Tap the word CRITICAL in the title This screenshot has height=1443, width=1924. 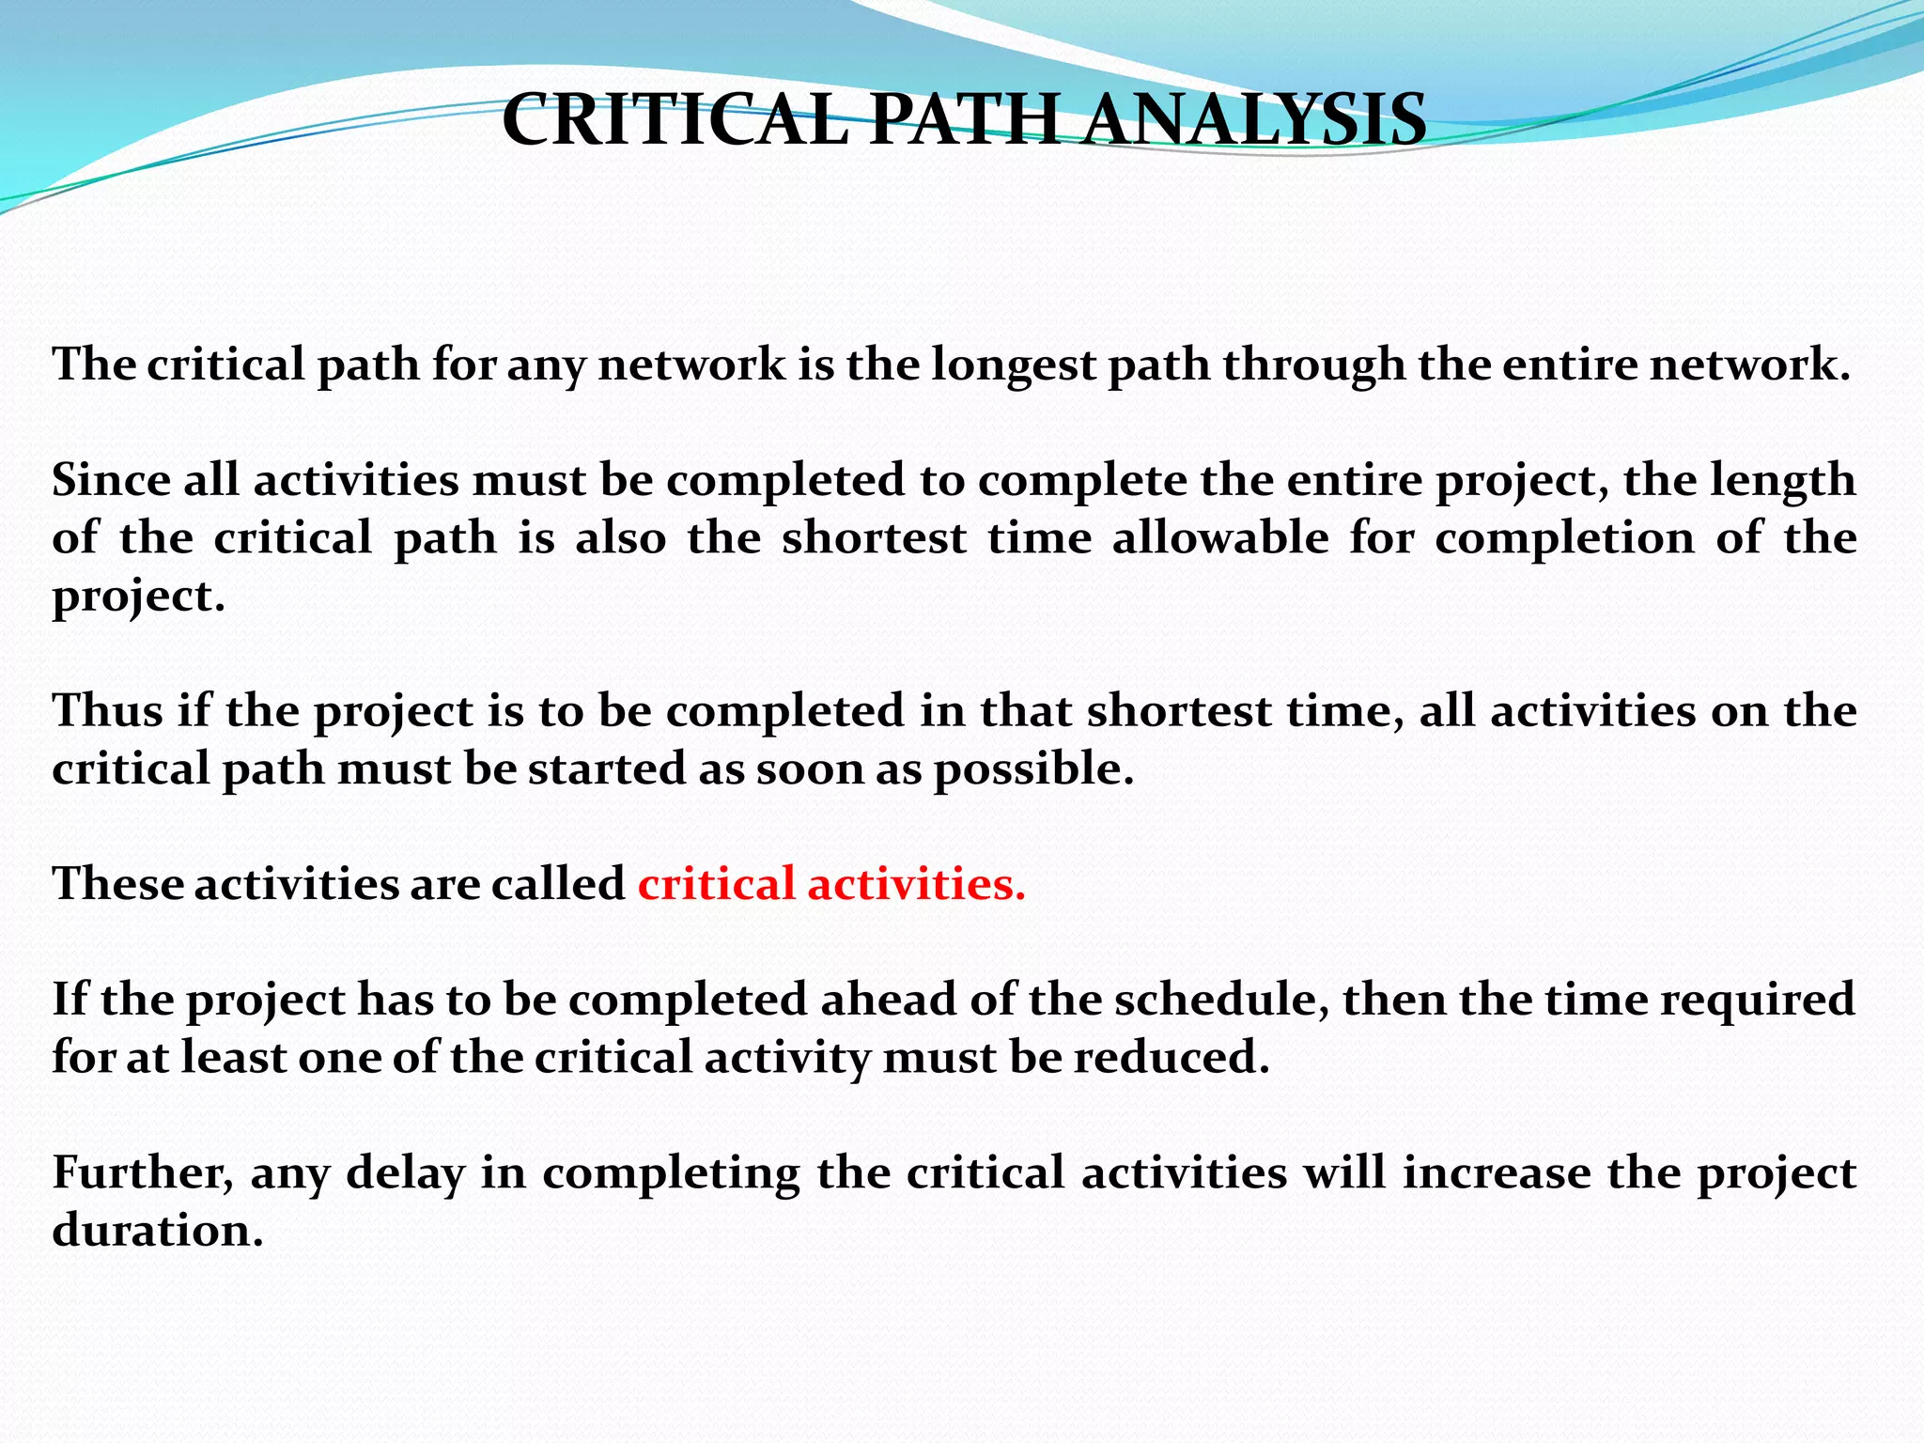tap(675, 120)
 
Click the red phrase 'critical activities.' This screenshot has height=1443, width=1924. tap(831, 884)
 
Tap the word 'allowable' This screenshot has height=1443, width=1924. tap(1220, 538)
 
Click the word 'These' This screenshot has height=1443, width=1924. tap(116, 884)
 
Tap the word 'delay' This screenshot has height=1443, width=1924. tap(405, 1173)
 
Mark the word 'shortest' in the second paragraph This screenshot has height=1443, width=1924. tap(874, 538)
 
